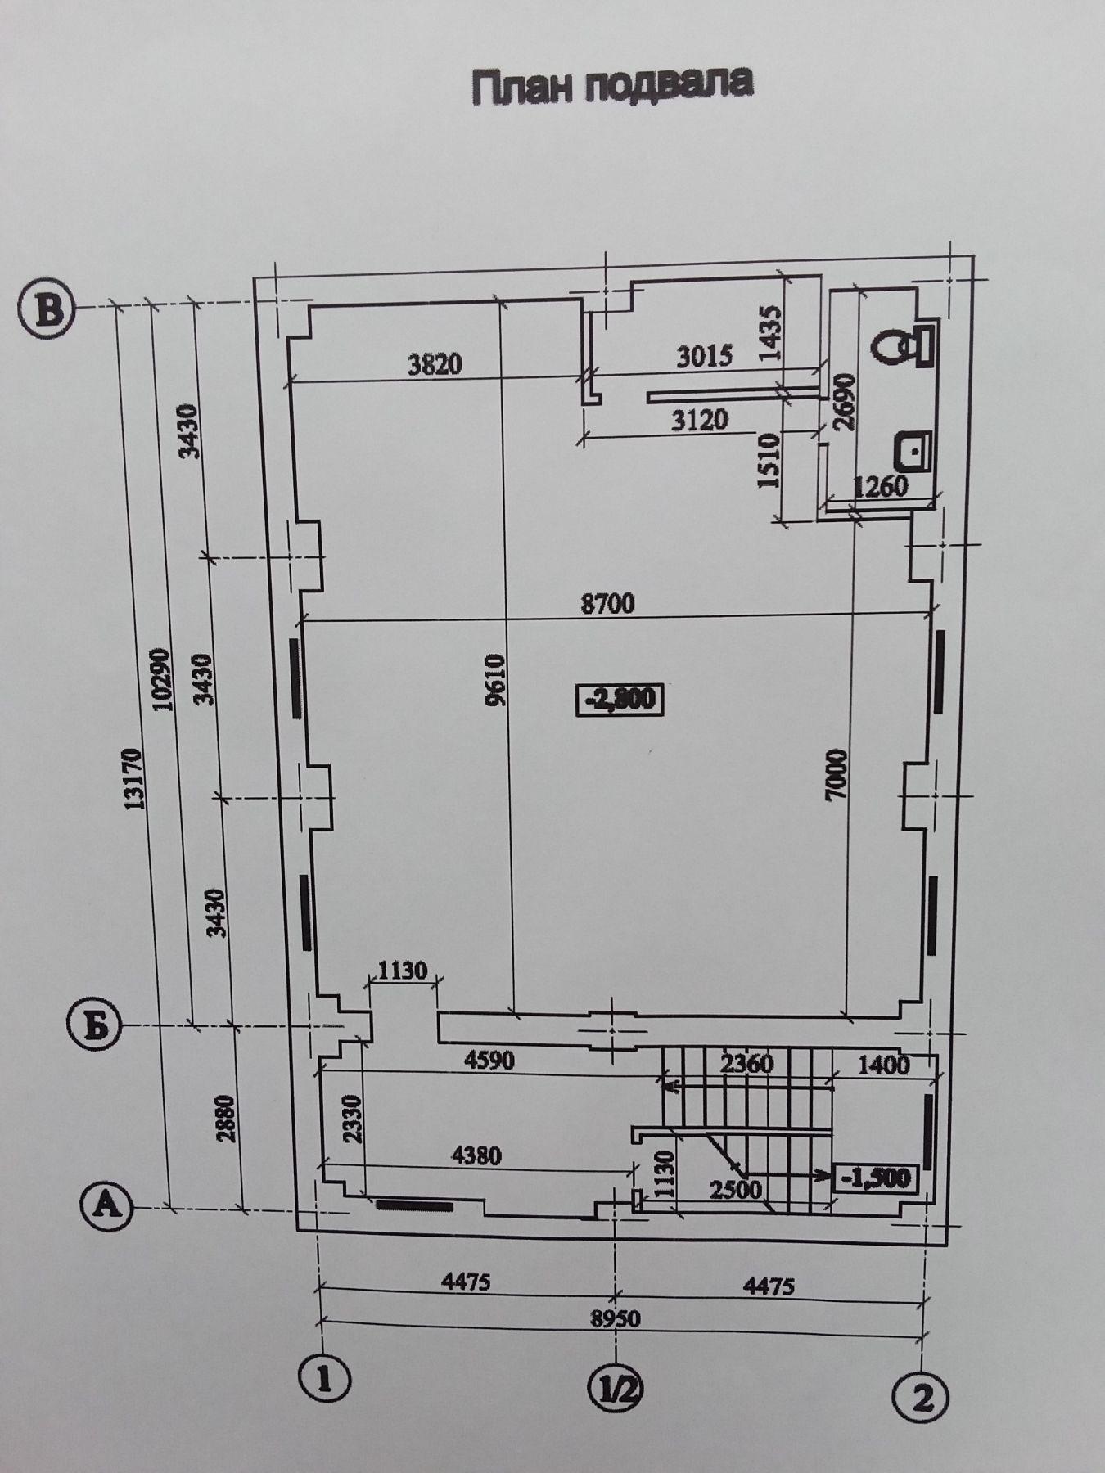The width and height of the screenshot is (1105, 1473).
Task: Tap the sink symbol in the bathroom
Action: point(914,451)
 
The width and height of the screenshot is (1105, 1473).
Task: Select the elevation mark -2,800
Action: point(619,699)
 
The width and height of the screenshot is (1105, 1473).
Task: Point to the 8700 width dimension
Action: point(607,604)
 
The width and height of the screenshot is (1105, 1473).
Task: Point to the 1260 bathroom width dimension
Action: point(881,486)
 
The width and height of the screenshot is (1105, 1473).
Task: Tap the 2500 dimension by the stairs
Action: point(736,1188)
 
